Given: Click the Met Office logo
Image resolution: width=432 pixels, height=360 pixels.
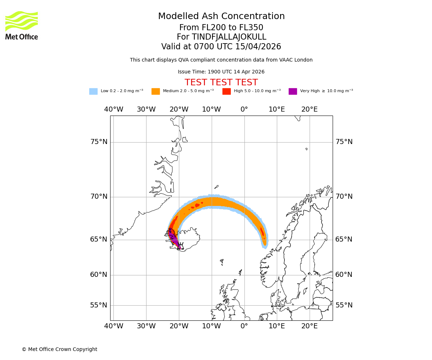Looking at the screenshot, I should click(22, 25).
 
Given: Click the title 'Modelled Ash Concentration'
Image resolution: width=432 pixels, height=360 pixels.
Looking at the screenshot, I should click(221, 17).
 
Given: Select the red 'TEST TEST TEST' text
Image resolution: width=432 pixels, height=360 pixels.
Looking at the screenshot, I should click(221, 82).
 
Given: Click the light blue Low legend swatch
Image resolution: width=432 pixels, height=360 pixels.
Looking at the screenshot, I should click(93, 91).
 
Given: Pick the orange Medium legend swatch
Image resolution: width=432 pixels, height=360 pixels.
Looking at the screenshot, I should click(156, 91).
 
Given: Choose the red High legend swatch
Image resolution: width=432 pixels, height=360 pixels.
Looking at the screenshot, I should click(226, 91).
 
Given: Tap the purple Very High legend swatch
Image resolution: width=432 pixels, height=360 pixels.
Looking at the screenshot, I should click(293, 91).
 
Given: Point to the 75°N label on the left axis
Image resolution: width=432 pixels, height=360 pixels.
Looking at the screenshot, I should click(99, 142).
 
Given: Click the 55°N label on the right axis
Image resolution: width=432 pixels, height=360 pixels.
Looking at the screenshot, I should click(344, 305).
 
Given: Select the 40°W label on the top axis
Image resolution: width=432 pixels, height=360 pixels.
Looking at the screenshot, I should click(113, 109).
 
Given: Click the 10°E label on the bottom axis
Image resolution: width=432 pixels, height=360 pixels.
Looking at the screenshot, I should click(277, 326).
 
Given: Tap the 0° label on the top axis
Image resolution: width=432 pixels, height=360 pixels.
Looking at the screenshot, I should click(244, 109).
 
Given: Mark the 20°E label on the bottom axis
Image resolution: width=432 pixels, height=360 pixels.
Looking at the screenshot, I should click(309, 326).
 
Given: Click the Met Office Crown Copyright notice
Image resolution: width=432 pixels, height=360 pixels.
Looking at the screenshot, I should click(59, 349).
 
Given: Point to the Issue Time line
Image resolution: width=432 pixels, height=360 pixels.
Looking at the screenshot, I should click(221, 72).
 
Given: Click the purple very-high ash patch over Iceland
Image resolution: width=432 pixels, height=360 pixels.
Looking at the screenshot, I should click(173, 238).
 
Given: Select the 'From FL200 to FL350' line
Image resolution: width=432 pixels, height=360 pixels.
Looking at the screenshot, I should click(221, 28).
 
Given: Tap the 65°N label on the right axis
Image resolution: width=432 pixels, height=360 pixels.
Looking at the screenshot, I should click(344, 239).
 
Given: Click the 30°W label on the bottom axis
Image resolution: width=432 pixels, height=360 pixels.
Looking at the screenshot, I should click(146, 326).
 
